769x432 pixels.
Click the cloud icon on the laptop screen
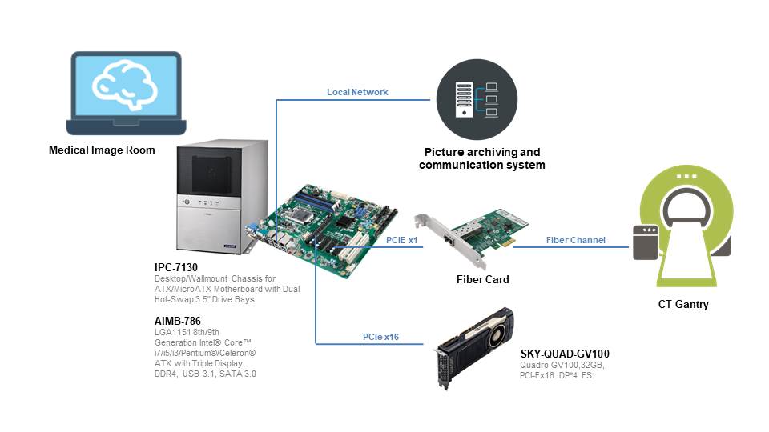tap(127, 82)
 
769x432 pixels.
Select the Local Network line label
tap(357, 92)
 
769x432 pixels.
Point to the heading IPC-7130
tap(176, 267)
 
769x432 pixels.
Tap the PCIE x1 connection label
tap(402, 239)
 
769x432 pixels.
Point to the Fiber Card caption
tap(482, 279)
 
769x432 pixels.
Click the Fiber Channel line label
tap(576, 239)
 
